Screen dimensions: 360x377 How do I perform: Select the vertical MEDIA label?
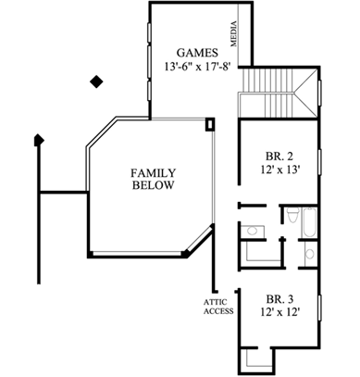(235, 35)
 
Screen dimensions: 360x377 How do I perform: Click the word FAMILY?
(153, 172)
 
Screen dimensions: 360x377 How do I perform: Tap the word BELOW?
(153, 186)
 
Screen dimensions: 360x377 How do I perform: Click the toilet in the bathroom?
(291, 220)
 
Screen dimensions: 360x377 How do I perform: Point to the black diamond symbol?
(94, 82)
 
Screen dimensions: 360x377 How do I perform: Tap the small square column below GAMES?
(211, 123)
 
